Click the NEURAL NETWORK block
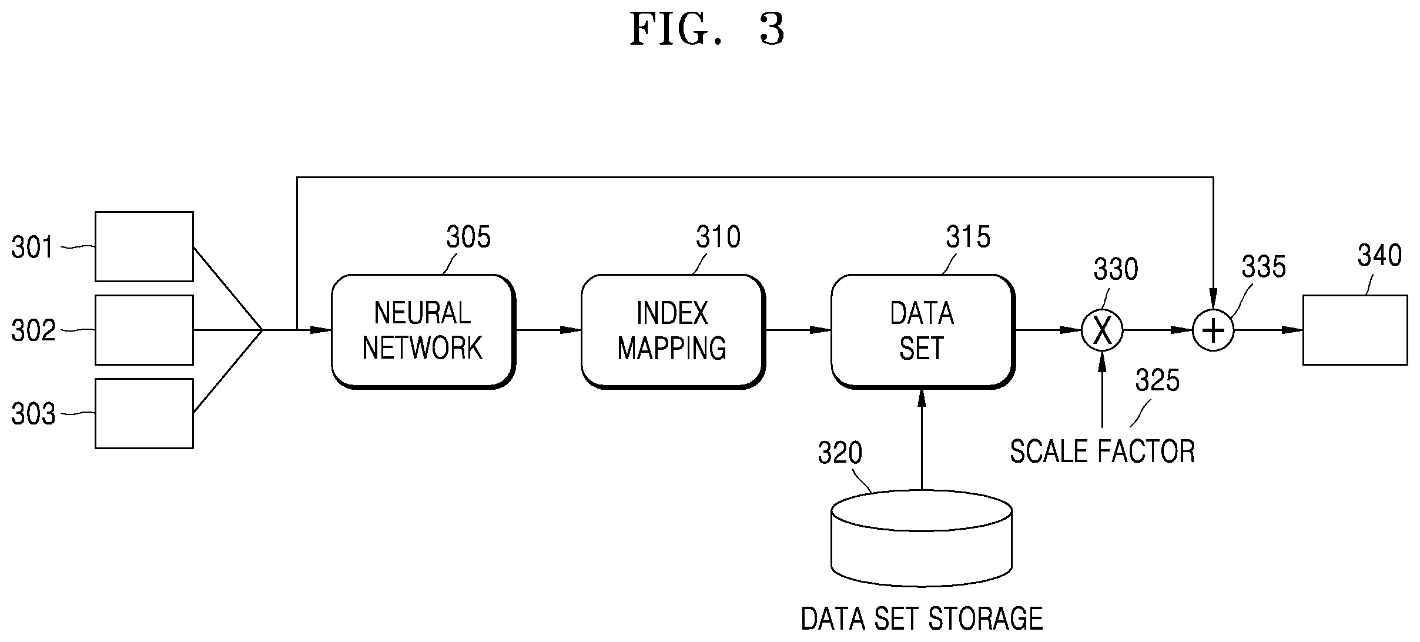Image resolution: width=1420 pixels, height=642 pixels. tap(423, 331)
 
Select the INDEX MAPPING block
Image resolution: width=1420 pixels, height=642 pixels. tap(673, 331)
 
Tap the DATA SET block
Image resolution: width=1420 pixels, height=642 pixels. tap(923, 331)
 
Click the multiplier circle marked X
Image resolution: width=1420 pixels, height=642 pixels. tap(1102, 330)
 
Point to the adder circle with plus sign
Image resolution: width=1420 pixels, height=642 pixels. tap(1213, 330)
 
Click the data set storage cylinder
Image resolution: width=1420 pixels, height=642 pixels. tap(922, 538)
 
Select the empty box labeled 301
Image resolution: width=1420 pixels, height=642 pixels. tap(144, 246)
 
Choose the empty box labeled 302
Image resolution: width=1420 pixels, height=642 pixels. tap(144, 330)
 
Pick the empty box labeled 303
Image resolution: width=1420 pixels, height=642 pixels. tap(144, 413)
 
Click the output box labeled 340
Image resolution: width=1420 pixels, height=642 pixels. tap(1355, 330)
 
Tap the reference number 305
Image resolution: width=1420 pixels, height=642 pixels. tap(468, 238)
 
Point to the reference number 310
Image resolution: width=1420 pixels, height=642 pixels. tap(718, 238)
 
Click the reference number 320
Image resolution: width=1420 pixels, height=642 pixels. tap(840, 453)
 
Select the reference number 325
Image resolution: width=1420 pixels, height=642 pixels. tap(1157, 381)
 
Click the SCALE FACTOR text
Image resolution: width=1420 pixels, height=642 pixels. tap(1103, 452)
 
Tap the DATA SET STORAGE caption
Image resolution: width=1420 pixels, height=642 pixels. tap(922, 618)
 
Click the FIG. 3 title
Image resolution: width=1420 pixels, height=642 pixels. tap(707, 29)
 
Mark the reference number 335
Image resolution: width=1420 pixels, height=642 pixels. tap(1264, 267)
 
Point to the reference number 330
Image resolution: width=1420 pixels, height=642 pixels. tap(1116, 270)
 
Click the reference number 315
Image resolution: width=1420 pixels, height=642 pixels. tap(968, 238)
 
